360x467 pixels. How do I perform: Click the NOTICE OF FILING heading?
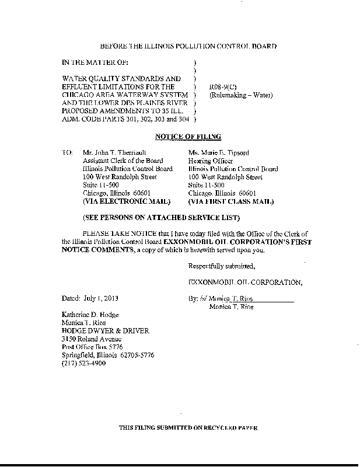[x=187, y=137]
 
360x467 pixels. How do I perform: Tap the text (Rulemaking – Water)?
[x=241, y=95]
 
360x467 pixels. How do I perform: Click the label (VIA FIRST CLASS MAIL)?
[x=231, y=201]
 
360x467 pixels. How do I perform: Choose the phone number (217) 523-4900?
[x=85, y=363]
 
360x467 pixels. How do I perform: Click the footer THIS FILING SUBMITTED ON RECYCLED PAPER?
[x=188, y=428]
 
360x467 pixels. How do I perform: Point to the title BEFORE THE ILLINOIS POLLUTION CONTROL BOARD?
[x=188, y=46]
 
